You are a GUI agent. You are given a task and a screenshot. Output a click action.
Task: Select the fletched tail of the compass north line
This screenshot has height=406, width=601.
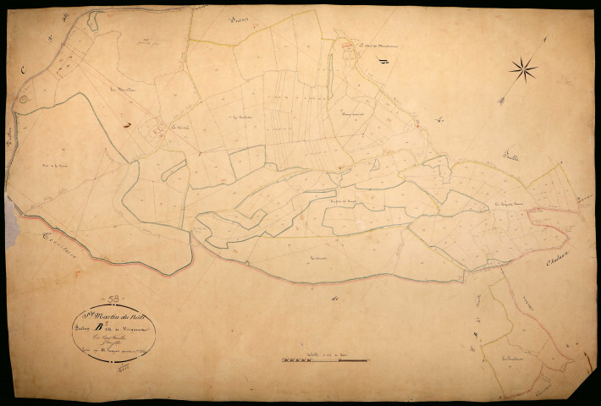point(502,101)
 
